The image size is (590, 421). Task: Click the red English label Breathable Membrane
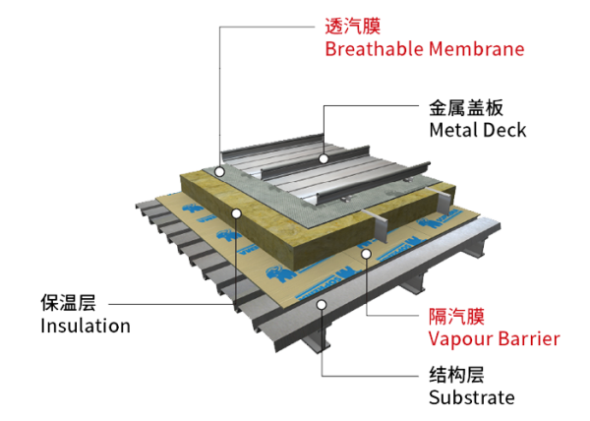[425, 49]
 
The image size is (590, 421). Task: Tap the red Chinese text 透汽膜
[353, 26]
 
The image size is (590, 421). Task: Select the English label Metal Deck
[478, 130]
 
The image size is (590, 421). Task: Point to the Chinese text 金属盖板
[466, 107]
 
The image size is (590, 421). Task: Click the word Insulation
[86, 326]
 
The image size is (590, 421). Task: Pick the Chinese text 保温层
[68, 303]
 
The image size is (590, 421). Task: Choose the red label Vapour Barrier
[494, 338]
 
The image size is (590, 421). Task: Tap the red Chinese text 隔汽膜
[456, 316]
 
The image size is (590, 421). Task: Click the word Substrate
[472, 397]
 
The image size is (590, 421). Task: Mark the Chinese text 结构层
[456, 375]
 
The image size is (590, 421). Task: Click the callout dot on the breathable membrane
[219, 172]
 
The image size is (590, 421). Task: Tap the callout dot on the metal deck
[324, 158]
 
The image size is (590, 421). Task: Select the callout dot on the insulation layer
[236, 213]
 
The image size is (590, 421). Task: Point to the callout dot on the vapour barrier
[367, 255]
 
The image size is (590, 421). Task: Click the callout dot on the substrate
[322, 305]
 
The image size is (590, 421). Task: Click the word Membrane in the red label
[476, 49]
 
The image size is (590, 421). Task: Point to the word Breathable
[374, 49]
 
